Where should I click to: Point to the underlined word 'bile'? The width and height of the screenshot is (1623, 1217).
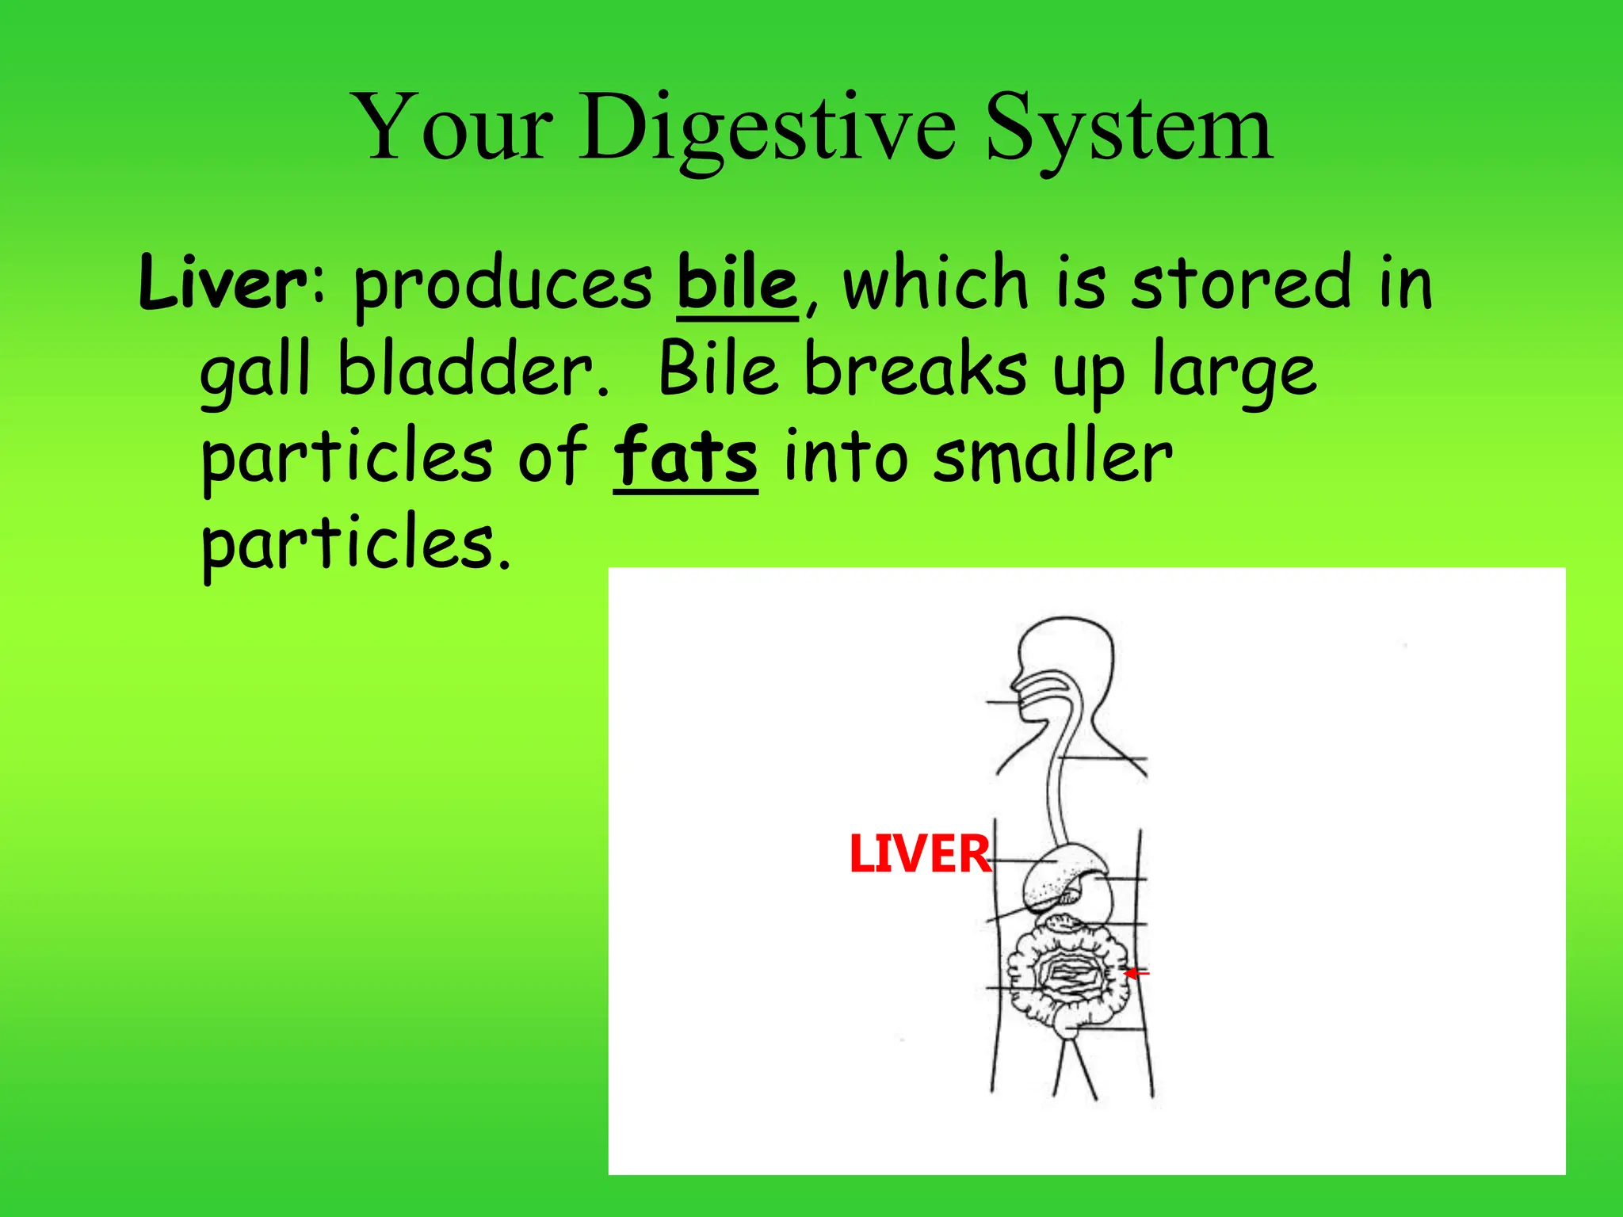[737, 283]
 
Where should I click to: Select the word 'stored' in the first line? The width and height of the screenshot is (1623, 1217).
[1241, 283]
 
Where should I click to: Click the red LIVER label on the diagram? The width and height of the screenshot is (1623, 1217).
[919, 854]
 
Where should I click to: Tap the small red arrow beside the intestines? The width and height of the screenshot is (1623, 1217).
[1136, 972]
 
